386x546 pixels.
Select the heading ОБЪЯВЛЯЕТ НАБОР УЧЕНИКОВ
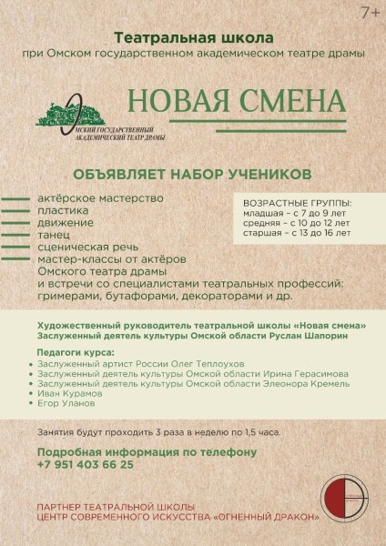(x=192, y=173)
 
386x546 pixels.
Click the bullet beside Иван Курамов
(x=32, y=394)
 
